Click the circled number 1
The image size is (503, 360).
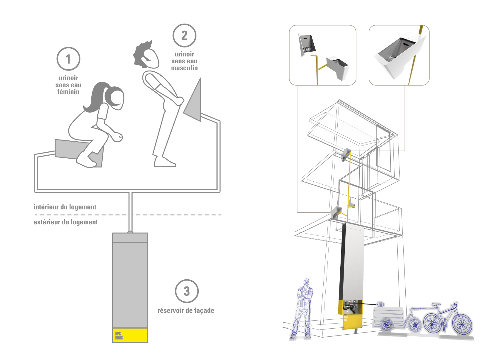pyautogui.click(x=68, y=59)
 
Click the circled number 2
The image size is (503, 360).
pyautogui.click(x=184, y=36)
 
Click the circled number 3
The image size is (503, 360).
pyautogui.click(x=187, y=291)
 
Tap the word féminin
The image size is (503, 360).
pyautogui.click(x=68, y=92)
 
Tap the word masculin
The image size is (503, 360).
pyautogui.click(x=184, y=68)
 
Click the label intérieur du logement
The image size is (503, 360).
pyautogui.click(x=65, y=207)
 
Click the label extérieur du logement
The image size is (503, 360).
pyautogui.click(x=66, y=222)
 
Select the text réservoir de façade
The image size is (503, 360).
pyautogui.click(x=186, y=310)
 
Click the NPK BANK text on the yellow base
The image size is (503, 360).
pyautogui.click(x=119, y=336)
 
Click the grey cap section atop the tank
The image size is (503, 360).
pyautogui.click(x=130, y=238)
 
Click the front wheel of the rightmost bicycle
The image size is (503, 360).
pyautogui.click(x=462, y=324)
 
